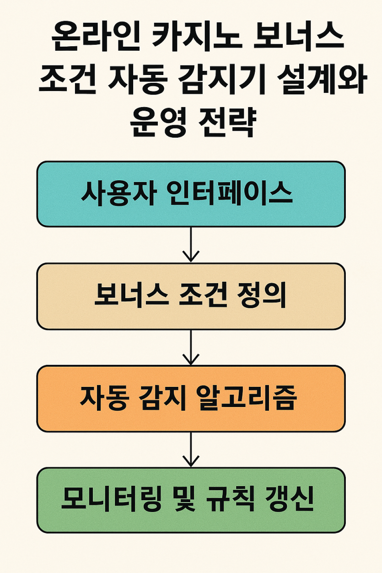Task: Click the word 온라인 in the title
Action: pos(96,37)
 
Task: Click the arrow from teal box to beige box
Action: pos(191,244)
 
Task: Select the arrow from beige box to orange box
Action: pos(191,347)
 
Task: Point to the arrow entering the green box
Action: pos(191,450)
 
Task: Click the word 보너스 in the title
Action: pos(298,37)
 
